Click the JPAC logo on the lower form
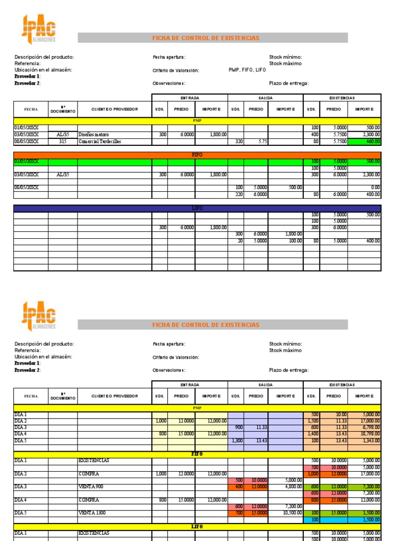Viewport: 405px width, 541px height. [x=38, y=316]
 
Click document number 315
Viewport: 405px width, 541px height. [x=63, y=141]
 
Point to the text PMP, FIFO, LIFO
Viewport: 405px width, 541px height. [x=247, y=70]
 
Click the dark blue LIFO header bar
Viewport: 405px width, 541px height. [x=197, y=209]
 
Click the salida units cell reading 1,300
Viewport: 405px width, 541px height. [x=236, y=440]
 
